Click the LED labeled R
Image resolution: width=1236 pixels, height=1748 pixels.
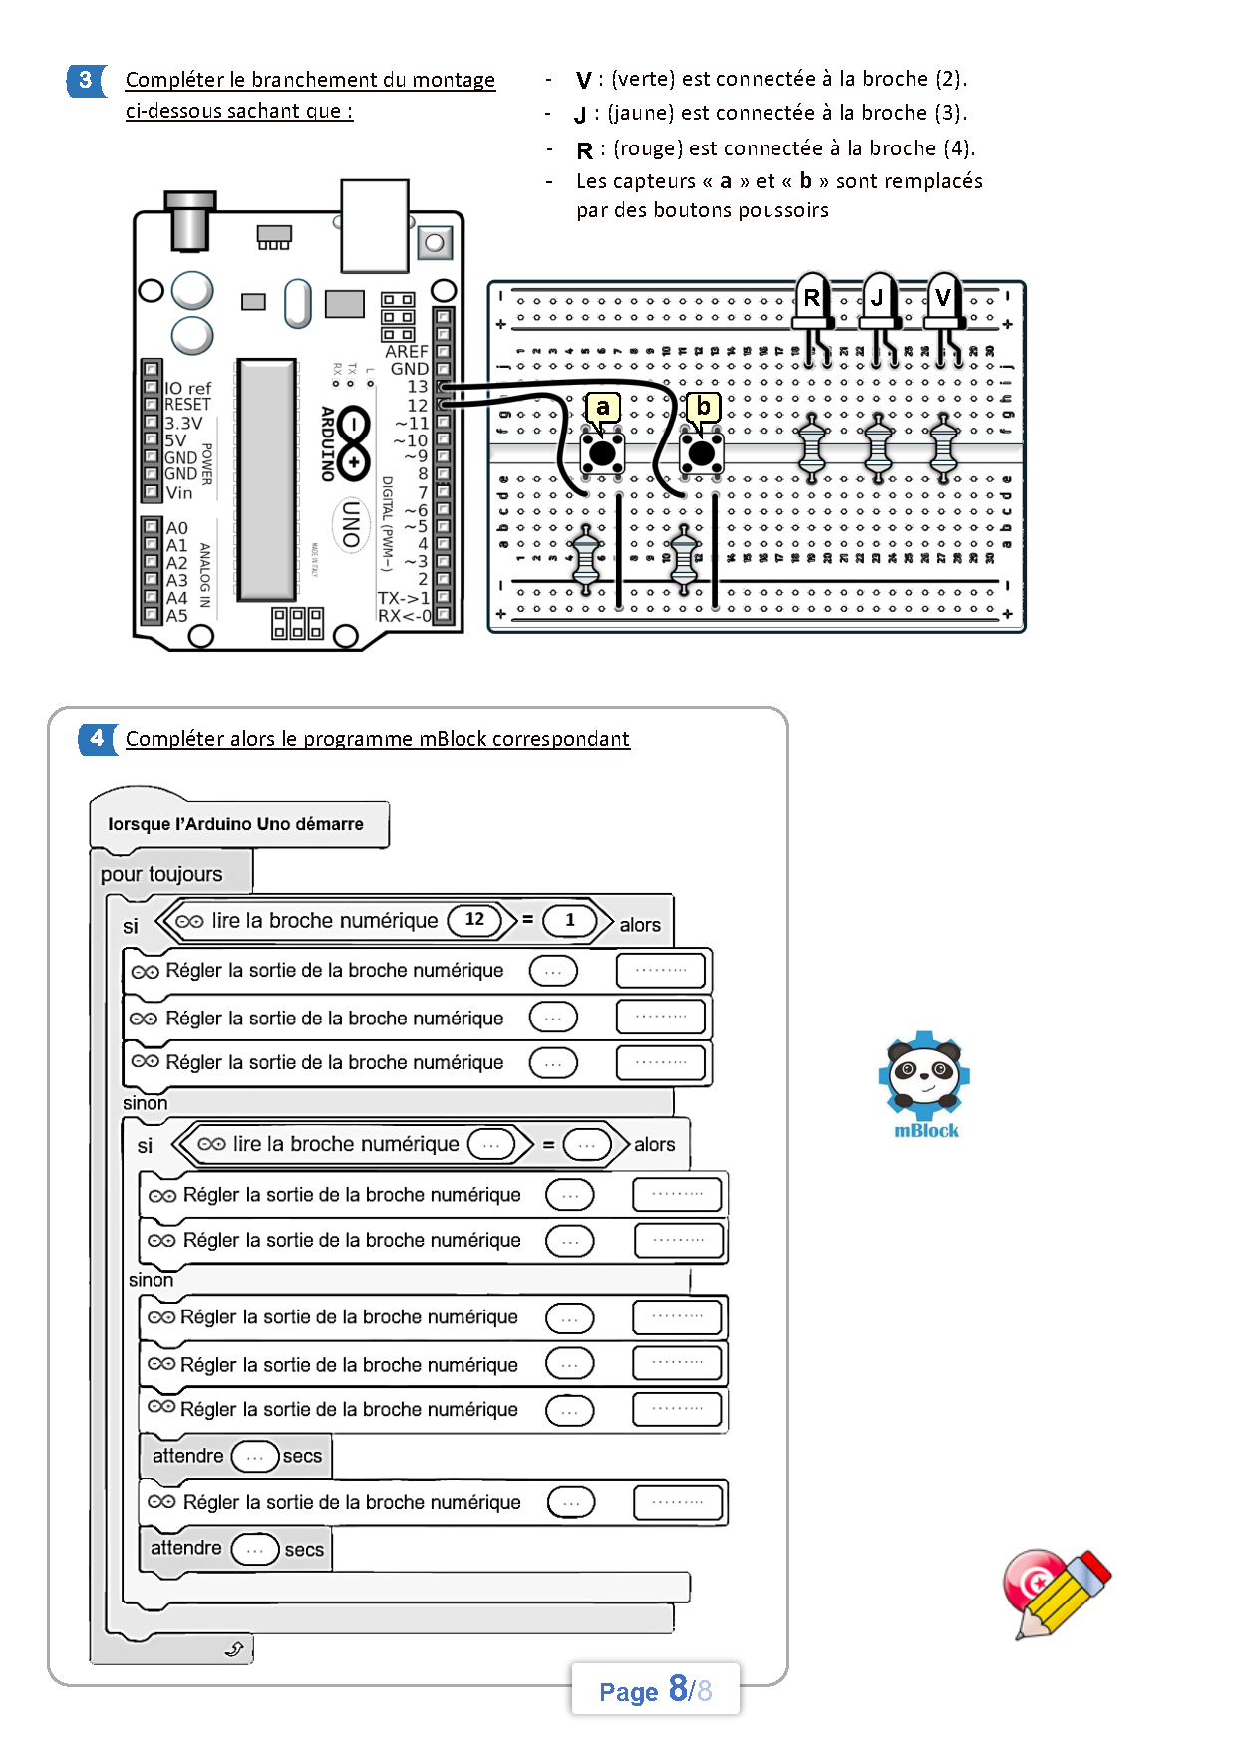(812, 299)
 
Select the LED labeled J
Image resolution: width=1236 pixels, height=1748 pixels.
(878, 299)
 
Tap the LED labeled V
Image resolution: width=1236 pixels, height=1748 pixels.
(943, 299)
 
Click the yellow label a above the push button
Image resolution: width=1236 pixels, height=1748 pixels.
(602, 407)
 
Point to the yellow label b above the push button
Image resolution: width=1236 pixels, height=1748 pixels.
(704, 407)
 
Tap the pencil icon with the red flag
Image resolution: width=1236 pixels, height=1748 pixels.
(1058, 1594)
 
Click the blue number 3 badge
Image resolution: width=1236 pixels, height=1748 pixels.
(86, 80)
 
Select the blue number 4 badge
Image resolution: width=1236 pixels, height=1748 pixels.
(97, 738)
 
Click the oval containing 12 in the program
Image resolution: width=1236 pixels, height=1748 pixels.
(475, 919)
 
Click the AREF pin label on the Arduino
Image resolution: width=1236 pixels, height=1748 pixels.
(406, 352)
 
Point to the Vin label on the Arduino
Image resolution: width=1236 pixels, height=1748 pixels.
(179, 492)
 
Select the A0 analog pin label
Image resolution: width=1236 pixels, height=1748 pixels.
(176, 528)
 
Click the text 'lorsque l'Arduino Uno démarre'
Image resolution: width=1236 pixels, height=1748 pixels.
(235, 824)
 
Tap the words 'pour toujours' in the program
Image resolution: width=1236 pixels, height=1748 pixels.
(161, 874)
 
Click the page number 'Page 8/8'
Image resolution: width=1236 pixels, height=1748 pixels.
(655, 1689)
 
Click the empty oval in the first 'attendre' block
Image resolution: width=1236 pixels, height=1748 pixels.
(254, 1457)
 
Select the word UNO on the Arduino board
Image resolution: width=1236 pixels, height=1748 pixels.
(351, 524)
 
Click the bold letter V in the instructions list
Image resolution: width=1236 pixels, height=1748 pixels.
(584, 80)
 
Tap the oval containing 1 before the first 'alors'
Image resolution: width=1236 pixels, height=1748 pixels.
(570, 920)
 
